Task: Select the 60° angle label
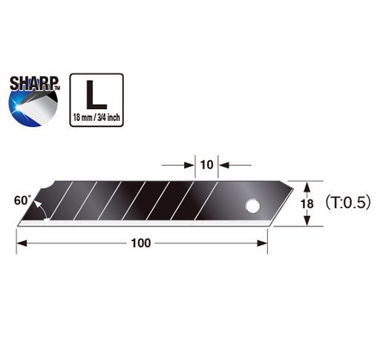coord(22,200)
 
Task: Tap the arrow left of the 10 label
coord(189,164)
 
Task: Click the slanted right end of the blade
coord(275,201)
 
